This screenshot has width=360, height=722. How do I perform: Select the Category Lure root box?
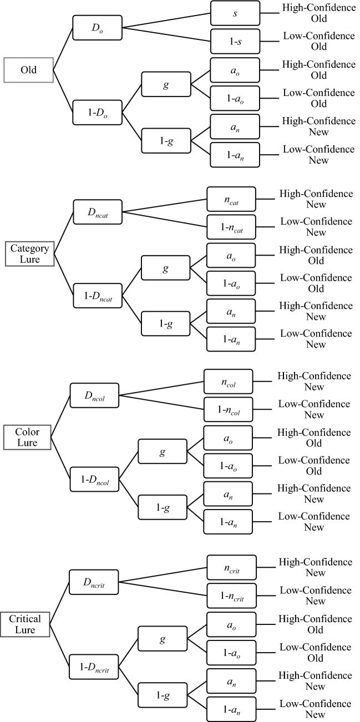28,254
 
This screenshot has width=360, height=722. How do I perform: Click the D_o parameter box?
97,27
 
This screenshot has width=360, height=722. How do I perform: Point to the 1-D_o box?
97,115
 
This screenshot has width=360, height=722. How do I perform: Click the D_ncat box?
98,211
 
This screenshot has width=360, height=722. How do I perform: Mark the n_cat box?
231,199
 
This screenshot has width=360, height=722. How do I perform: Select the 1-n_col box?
229,409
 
